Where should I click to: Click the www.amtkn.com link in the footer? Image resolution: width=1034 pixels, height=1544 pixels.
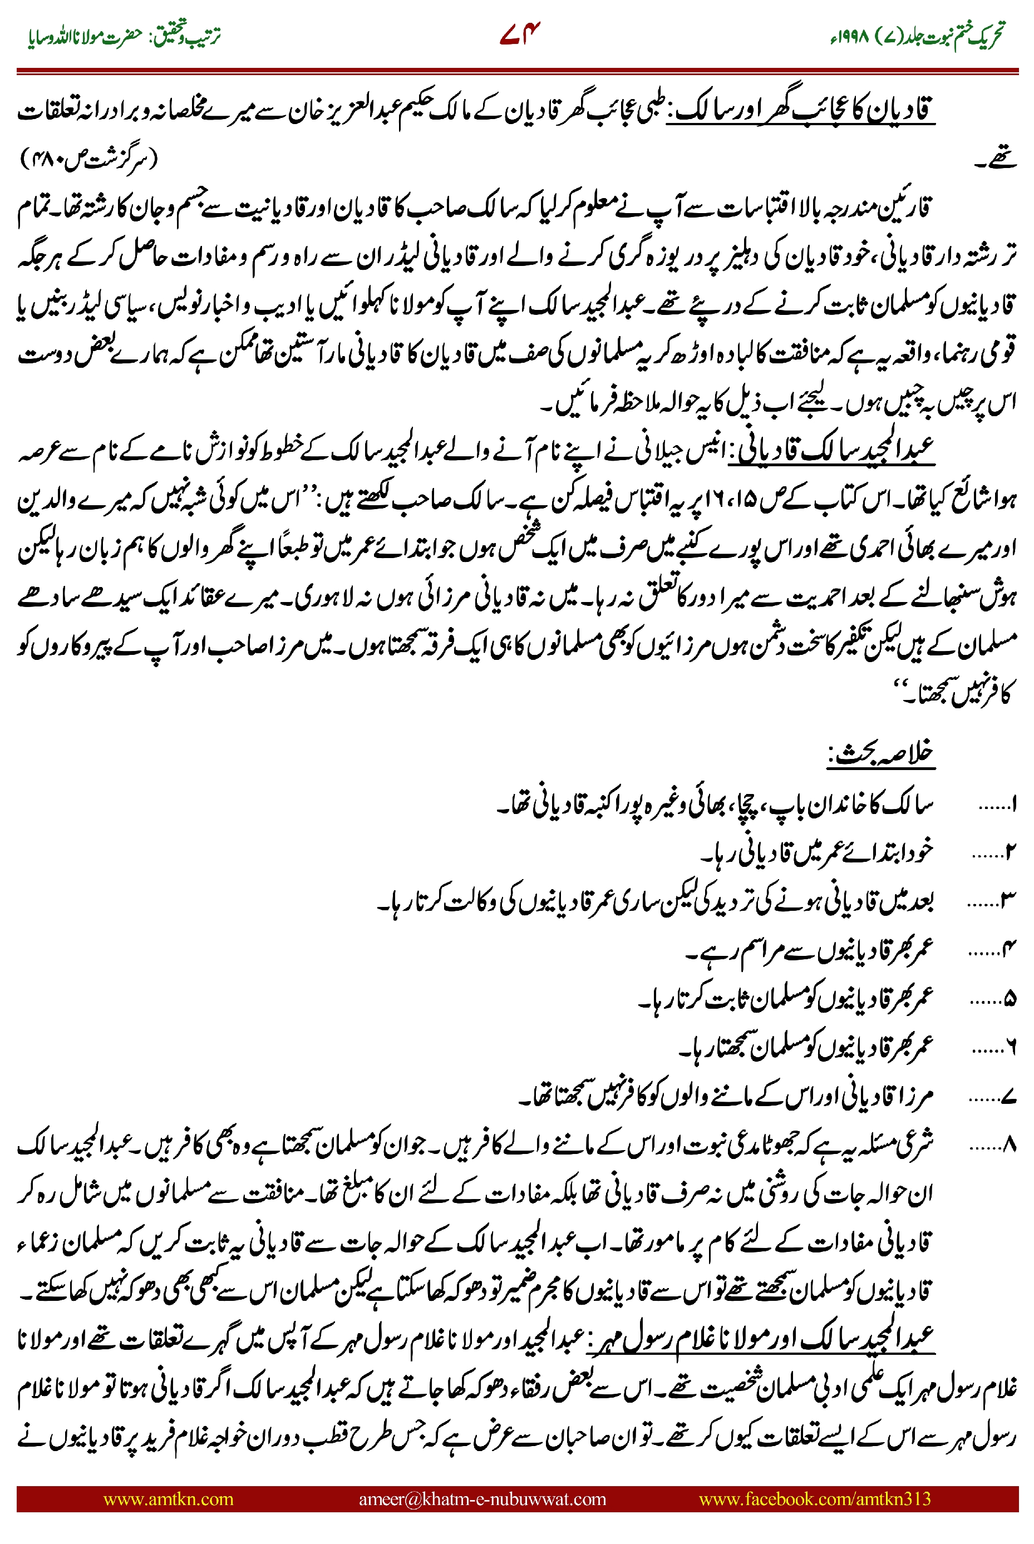click(x=168, y=1498)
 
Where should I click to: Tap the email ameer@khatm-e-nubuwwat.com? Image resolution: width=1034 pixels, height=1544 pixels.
click(x=482, y=1498)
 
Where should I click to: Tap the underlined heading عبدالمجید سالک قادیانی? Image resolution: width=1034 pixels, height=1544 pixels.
click(x=831, y=450)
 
